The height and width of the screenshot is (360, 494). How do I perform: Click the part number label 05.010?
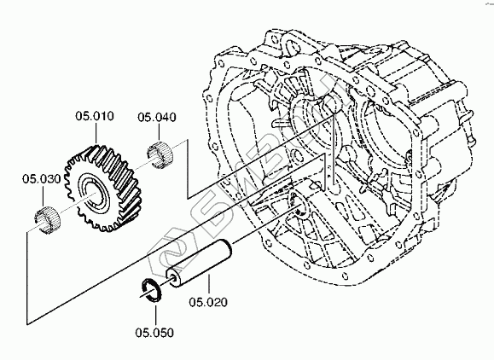[x=95, y=116]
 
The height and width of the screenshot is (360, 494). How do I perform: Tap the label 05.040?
[x=157, y=118]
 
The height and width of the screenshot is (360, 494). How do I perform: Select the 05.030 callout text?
[x=41, y=179]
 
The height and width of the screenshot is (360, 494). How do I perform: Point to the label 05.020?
[x=208, y=302]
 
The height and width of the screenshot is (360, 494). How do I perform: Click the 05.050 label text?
[x=154, y=333]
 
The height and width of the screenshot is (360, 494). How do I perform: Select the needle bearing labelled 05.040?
[x=160, y=154]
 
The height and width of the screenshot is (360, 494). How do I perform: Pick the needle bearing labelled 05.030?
[x=47, y=220]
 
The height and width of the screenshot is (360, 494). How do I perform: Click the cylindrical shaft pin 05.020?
[x=199, y=263]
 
